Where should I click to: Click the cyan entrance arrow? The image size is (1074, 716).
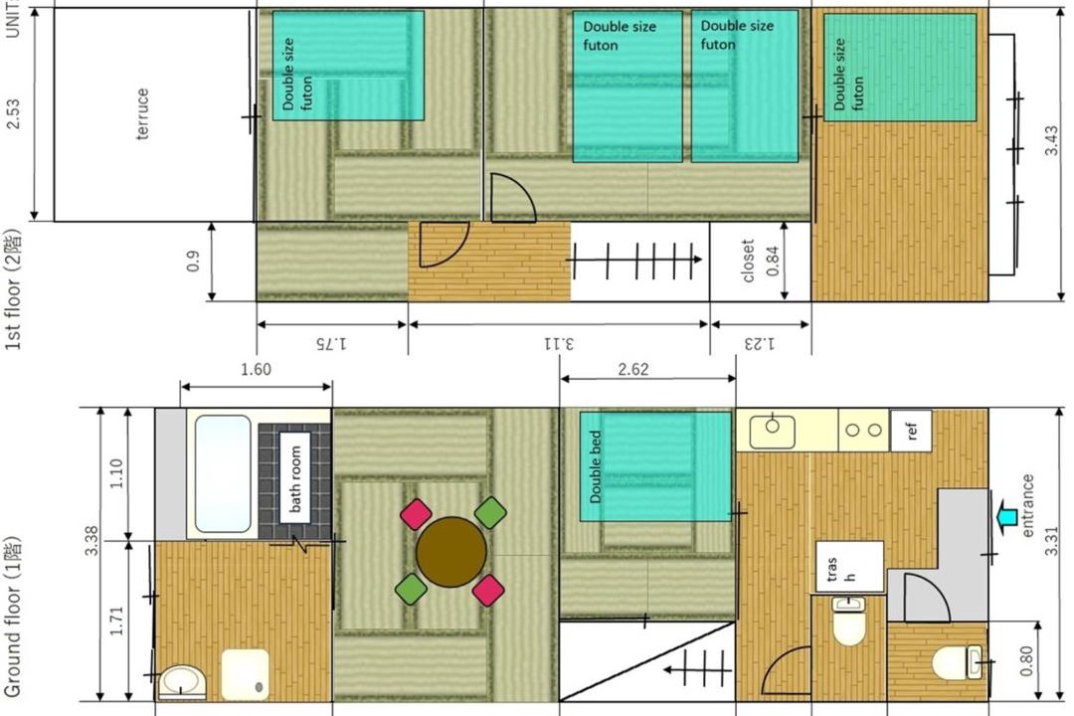coord(1005,516)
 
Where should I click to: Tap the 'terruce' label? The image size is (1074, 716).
coord(142,113)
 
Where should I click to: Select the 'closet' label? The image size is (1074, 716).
coord(748,261)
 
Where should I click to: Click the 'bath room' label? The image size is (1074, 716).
coord(295,479)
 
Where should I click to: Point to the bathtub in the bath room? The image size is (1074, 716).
coord(223,473)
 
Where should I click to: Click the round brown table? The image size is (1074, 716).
coord(451,552)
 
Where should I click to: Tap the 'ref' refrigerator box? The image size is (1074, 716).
coord(911,431)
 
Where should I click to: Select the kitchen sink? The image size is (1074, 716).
coord(773,431)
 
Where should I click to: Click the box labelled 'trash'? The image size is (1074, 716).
coord(849,567)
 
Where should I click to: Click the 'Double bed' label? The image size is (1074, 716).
coord(596,466)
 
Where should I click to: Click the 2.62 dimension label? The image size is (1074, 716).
coord(632,369)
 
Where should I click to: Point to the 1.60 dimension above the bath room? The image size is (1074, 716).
coord(256,369)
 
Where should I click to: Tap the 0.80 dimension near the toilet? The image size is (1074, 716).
coord(1025,661)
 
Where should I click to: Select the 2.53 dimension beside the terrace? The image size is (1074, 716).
coord(12,113)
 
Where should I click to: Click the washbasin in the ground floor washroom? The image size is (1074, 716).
coord(182,682)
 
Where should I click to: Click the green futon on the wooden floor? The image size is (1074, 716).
coord(900,68)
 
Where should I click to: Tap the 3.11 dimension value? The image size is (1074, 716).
coord(558,342)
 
